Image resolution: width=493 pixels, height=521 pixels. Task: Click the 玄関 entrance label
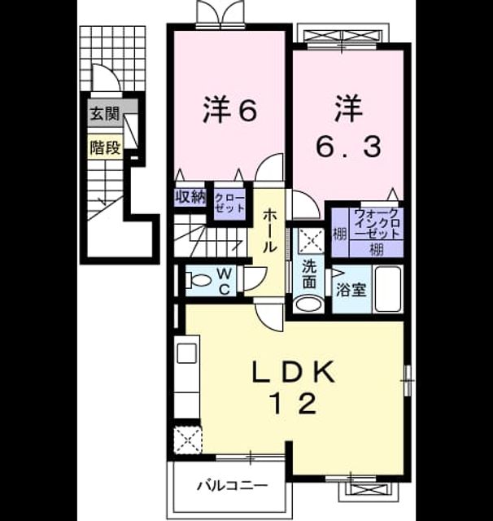pyautogui.click(x=105, y=114)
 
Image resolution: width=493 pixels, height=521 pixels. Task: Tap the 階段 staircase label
pyautogui.click(x=105, y=147)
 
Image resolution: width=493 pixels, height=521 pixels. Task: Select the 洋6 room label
pyautogui.click(x=230, y=110)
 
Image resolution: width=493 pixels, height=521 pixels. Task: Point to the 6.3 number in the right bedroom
pyautogui.click(x=348, y=147)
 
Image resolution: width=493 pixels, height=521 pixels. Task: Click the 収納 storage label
pyautogui.click(x=190, y=198)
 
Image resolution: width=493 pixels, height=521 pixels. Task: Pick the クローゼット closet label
pyautogui.click(x=229, y=204)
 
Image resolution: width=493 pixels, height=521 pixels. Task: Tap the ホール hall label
pyautogui.click(x=269, y=231)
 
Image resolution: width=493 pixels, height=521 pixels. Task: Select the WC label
pyautogui.click(x=225, y=282)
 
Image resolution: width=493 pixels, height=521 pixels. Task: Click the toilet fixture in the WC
pyautogui.click(x=198, y=280)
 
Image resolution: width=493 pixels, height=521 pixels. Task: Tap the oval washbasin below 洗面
pyautogui.click(x=309, y=304)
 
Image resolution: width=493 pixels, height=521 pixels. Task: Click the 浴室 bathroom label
pyautogui.click(x=351, y=290)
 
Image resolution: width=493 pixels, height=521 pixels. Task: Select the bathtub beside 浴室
pyautogui.click(x=388, y=289)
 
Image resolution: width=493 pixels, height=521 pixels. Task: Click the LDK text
pyautogui.click(x=294, y=373)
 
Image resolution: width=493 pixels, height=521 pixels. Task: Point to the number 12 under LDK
pyautogui.click(x=294, y=404)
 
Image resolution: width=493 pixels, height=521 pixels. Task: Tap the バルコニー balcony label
pyautogui.click(x=233, y=486)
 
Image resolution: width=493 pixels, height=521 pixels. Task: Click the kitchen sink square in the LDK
pyautogui.click(x=187, y=353)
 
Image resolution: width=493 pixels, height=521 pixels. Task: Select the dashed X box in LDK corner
pyautogui.click(x=188, y=440)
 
